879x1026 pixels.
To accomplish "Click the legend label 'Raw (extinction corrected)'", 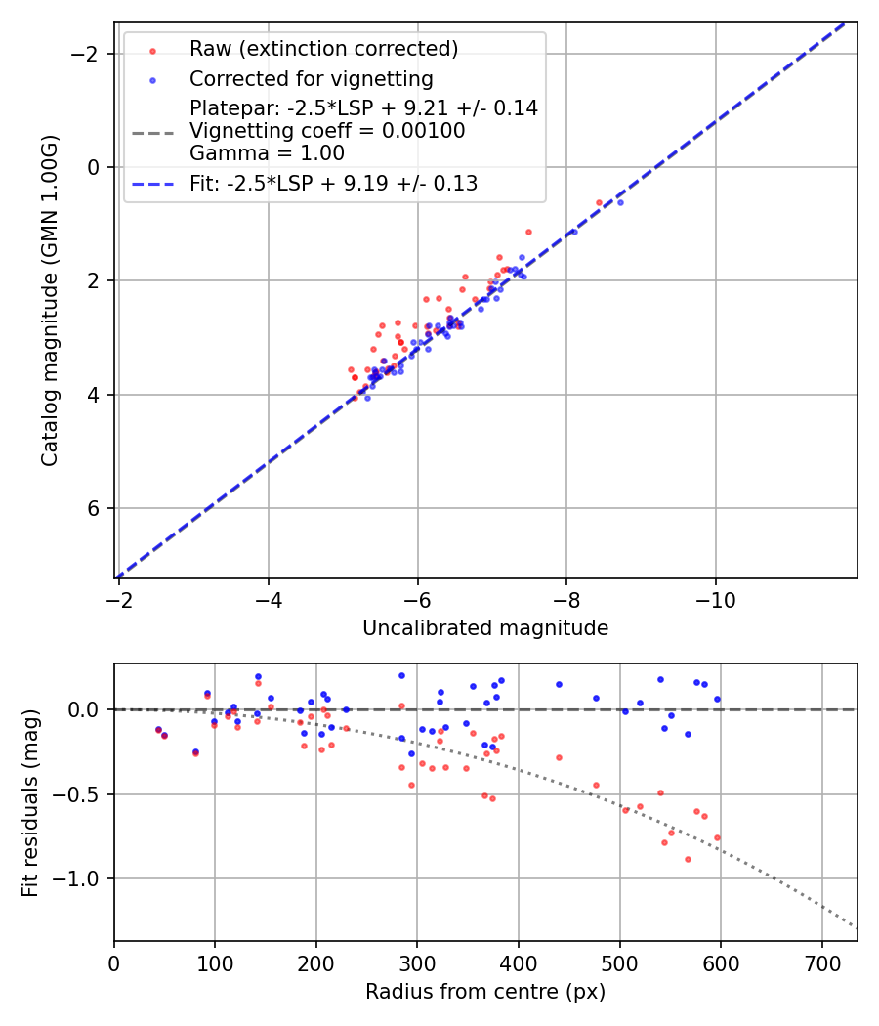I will tap(323, 49).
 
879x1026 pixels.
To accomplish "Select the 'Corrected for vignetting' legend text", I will tap(311, 78).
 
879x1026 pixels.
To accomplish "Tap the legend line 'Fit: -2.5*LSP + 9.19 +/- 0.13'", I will tap(333, 184).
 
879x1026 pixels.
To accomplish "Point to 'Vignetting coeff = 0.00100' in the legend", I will tap(327, 131).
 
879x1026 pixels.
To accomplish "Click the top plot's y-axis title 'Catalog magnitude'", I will tap(50, 300).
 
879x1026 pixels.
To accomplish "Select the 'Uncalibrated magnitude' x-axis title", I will tap(485, 628).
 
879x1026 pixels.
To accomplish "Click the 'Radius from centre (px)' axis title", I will tap(485, 992).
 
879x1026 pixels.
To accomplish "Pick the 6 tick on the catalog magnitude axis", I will tap(95, 508).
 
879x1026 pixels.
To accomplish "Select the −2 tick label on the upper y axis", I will tap(88, 54).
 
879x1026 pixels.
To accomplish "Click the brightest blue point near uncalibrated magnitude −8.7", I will tap(620, 202).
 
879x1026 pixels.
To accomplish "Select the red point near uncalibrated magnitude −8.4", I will tap(599, 202).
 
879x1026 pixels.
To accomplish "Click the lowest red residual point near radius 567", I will tap(688, 859).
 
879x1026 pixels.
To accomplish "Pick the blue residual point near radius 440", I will tap(559, 684).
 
